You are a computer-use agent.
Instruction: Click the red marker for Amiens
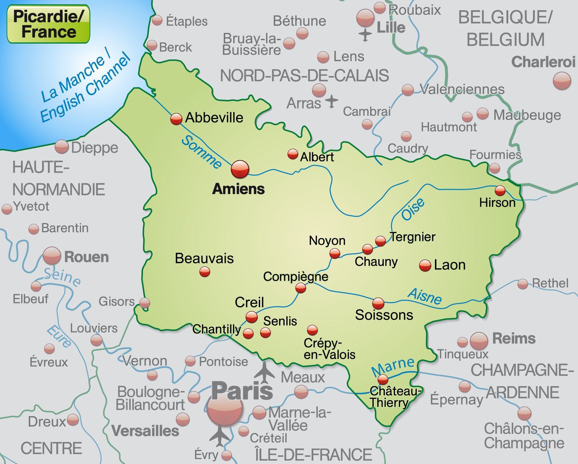(x=240, y=169)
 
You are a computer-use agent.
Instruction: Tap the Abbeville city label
(x=214, y=118)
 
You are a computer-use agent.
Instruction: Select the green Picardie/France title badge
(x=48, y=24)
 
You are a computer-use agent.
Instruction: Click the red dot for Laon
(x=425, y=265)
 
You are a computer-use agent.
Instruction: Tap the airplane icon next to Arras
(x=331, y=101)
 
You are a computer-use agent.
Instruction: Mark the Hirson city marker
(x=500, y=190)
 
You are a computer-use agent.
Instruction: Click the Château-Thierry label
(x=391, y=397)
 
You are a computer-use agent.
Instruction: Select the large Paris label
(x=242, y=391)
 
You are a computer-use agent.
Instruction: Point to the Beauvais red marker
(x=205, y=272)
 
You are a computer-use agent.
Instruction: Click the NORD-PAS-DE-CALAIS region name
(x=304, y=76)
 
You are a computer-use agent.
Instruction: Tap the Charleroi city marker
(x=562, y=81)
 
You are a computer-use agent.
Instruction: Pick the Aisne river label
(x=424, y=296)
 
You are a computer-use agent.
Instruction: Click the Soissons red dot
(x=378, y=303)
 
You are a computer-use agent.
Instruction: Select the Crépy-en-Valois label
(x=329, y=349)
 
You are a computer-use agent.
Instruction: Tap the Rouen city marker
(x=52, y=256)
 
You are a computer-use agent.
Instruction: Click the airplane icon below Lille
(x=365, y=35)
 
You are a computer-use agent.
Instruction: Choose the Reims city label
(x=514, y=339)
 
